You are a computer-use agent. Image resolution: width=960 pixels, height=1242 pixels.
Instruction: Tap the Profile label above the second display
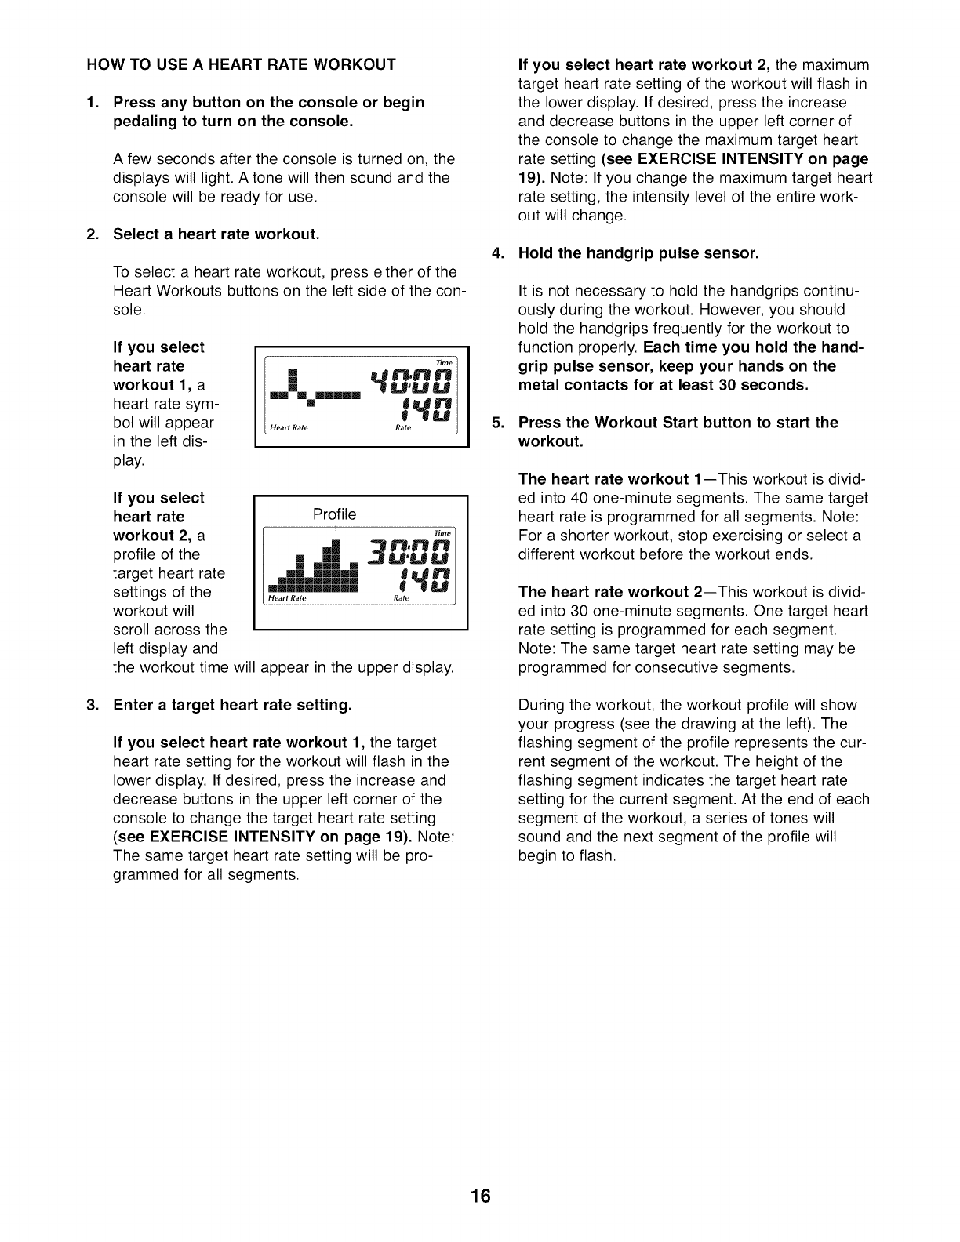334,514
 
